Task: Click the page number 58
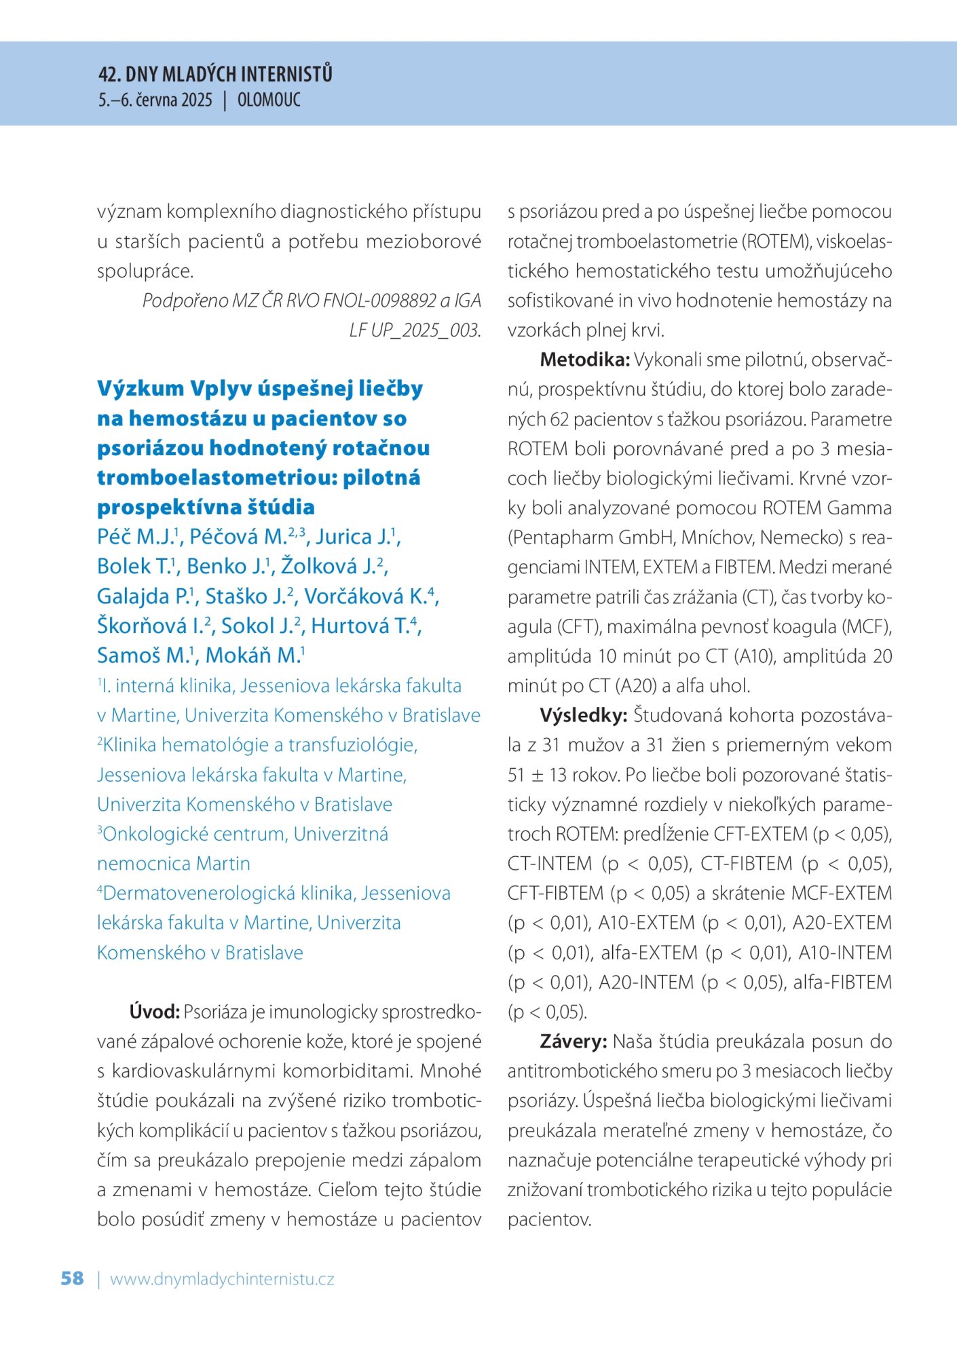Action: click(72, 1278)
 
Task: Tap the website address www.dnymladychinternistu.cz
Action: click(222, 1279)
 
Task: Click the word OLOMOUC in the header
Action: click(269, 100)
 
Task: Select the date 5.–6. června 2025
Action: click(155, 100)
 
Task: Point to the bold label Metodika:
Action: click(584, 360)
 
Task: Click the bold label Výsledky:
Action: click(583, 715)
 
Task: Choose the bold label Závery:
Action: click(574, 1041)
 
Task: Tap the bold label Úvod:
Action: click(154, 1012)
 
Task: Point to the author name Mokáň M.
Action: click(252, 655)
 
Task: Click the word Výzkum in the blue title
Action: click(140, 389)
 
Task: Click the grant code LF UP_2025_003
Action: click(414, 330)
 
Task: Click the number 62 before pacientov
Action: click(559, 419)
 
